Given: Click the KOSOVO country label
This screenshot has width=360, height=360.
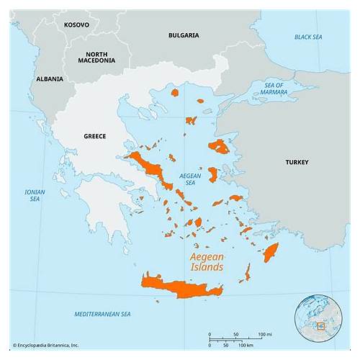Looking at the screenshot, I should coord(76,24).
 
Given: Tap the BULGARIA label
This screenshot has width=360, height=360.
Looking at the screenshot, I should coord(184,35).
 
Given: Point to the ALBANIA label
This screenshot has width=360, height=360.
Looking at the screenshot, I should coord(50,78).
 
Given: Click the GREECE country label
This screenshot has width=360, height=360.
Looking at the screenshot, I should coord(94,136).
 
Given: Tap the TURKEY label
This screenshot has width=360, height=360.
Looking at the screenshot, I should coord(296,162).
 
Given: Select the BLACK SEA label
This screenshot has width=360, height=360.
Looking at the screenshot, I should coord(309,37).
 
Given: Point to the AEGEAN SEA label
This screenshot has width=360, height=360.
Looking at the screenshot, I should coord(189,179).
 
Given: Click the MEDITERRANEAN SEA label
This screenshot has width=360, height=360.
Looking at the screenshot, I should coord(103,314).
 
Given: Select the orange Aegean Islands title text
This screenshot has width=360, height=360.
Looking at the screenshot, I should coord(206,261).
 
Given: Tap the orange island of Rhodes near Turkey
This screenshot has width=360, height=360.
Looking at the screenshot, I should coord(271,252).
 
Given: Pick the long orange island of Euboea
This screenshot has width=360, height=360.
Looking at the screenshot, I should coord(150,168).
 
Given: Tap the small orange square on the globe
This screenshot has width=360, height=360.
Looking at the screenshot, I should coord(321,326).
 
